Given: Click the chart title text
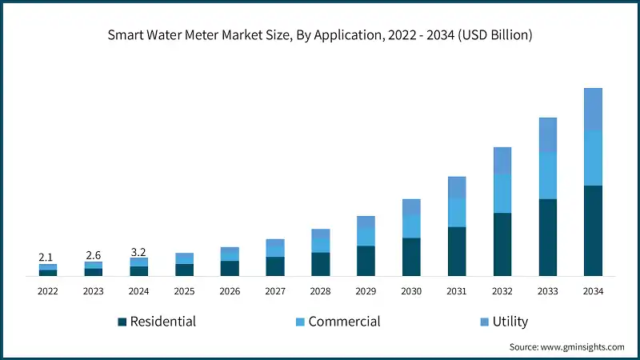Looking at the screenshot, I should [320, 35].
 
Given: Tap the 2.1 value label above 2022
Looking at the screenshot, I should [46, 257].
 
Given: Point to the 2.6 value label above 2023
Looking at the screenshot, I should [93, 254].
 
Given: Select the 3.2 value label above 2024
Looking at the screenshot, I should [138, 251].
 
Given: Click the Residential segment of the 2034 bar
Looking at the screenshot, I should [593, 230].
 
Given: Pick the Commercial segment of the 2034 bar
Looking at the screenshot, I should [593, 158].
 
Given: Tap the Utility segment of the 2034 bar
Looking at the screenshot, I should [593, 109].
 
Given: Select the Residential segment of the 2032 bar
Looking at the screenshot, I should [502, 244].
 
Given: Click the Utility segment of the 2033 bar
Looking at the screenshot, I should [547, 134].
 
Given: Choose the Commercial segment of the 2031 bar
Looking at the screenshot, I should [457, 212].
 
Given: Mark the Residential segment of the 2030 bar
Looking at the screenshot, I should [411, 257].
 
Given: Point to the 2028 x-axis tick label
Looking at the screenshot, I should [321, 292].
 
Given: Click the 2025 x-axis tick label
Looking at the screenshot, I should [184, 292].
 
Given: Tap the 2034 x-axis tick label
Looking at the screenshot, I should [593, 292].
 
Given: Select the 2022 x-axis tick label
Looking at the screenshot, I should [47, 292].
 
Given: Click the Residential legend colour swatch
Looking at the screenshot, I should [122, 322].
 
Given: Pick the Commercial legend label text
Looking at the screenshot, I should [344, 322].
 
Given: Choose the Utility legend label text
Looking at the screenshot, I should [510, 322].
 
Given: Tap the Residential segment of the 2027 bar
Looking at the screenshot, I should [275, 266].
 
